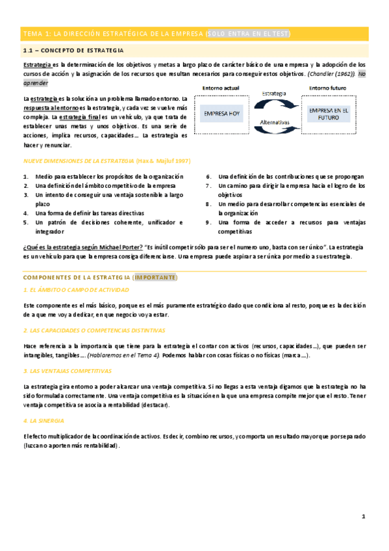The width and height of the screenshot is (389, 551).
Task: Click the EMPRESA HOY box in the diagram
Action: [223, 114]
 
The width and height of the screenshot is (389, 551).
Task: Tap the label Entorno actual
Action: [221, 88]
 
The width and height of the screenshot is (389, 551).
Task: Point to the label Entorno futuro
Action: [328, 88]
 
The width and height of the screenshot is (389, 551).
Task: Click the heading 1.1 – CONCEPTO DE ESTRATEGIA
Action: [73, 50]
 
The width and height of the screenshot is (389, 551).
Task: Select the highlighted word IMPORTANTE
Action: [156, 277]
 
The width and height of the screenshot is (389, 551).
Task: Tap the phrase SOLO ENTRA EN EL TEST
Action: [248, 33]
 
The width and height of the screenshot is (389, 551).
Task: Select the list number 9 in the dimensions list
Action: [208, 222]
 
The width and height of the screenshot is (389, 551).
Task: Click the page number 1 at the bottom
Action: [364, 517]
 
